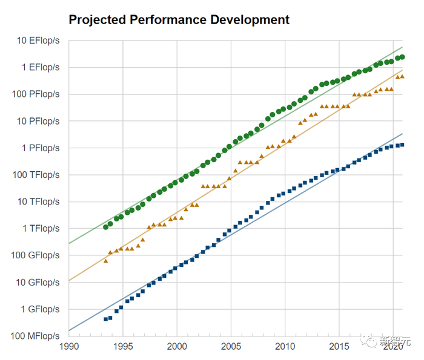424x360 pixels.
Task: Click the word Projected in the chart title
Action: tap(99, 20)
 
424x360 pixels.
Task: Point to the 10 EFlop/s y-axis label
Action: tap(38, 41)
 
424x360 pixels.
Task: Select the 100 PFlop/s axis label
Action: tap(35, 94)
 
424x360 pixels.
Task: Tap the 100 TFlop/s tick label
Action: tap(35, 175)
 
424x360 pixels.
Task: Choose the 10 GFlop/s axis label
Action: tap(37, 282)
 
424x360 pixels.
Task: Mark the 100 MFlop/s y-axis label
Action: tap(34, 336)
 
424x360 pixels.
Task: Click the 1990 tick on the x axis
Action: tap(69, 347)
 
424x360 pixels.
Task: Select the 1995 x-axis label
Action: tap(123, 347)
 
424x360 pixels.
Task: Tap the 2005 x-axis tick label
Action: tap(231, 347)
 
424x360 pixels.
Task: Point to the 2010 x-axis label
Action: tap(285, 347)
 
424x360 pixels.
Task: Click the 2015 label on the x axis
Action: tap(339, 347)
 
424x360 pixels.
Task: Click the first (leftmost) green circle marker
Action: tap(105, 227)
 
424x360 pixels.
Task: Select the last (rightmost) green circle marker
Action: tap(402, 57)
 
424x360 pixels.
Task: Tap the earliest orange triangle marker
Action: tap(105, 260)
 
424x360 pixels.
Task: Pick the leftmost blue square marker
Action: tap(105, 319)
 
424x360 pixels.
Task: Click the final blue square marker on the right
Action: tap(402, 145)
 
